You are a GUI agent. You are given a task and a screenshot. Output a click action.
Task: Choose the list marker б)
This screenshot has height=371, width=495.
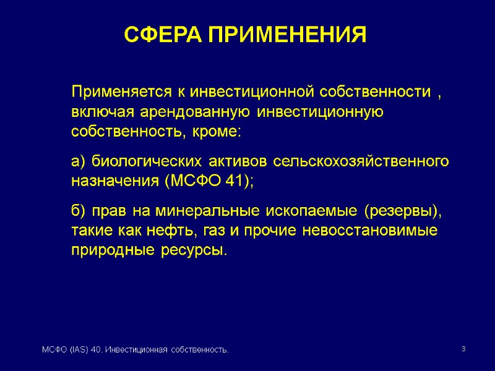click(x=78, y=211)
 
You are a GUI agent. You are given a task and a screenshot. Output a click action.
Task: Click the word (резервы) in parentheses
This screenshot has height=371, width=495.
click(x=403, y=211)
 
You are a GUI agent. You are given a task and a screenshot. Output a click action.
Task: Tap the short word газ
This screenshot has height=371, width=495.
click(x=212, y=231)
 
